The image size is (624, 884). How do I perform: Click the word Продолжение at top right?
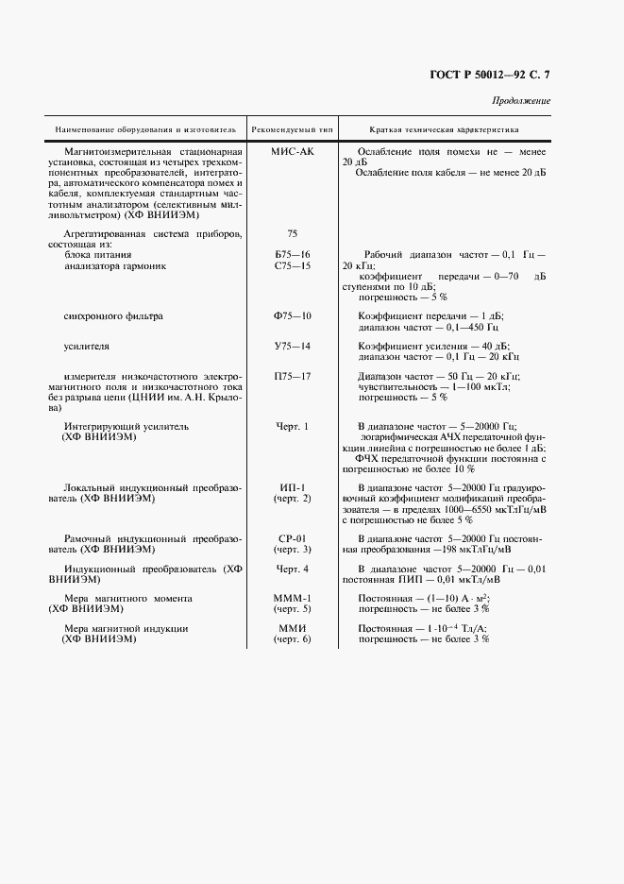[520, 101]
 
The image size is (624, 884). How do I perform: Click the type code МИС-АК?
[292, 151]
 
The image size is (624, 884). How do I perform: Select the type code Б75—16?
[292, 255]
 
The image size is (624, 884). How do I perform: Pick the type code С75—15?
[292, 266]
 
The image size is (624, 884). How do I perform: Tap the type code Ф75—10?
[292, 315]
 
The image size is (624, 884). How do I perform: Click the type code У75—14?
[292, 347]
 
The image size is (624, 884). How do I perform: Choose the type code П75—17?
[292, 377]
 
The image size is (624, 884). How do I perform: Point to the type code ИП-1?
[292, 487]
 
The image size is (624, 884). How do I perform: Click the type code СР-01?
[292, 537]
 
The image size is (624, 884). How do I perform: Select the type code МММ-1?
[292, 598]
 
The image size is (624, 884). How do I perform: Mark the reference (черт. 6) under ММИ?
[292, 639]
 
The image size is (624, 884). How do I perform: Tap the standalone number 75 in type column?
[292, 232]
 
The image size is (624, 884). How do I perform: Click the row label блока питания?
[97, 255]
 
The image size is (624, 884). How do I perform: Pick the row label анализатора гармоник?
[115, 266]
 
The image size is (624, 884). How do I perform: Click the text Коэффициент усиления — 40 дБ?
[433, 347]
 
